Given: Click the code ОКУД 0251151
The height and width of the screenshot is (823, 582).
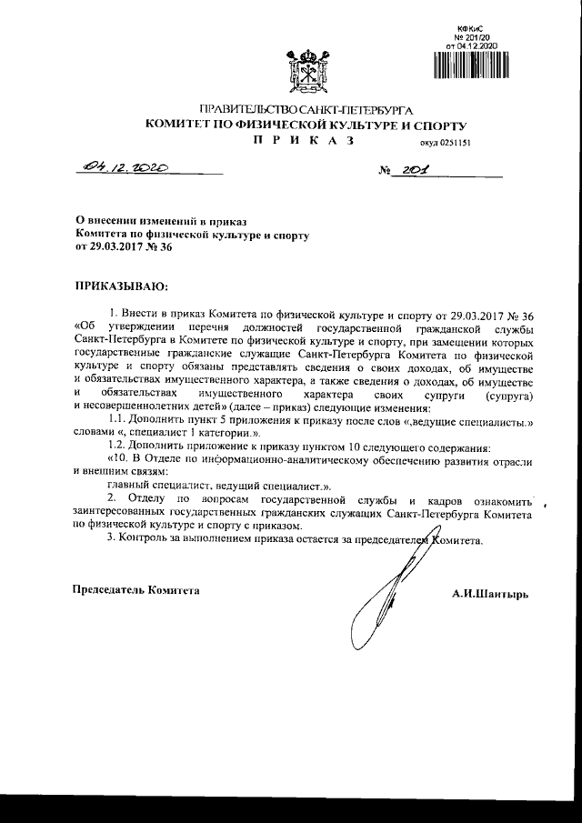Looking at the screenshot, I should pos(445,143).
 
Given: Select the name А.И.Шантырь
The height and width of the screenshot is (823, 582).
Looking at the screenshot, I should pos(489,593).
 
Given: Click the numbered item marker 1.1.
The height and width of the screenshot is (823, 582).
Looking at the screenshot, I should pos(118,417).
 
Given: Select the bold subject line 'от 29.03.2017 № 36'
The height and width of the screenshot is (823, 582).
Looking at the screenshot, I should pos(123,246).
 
